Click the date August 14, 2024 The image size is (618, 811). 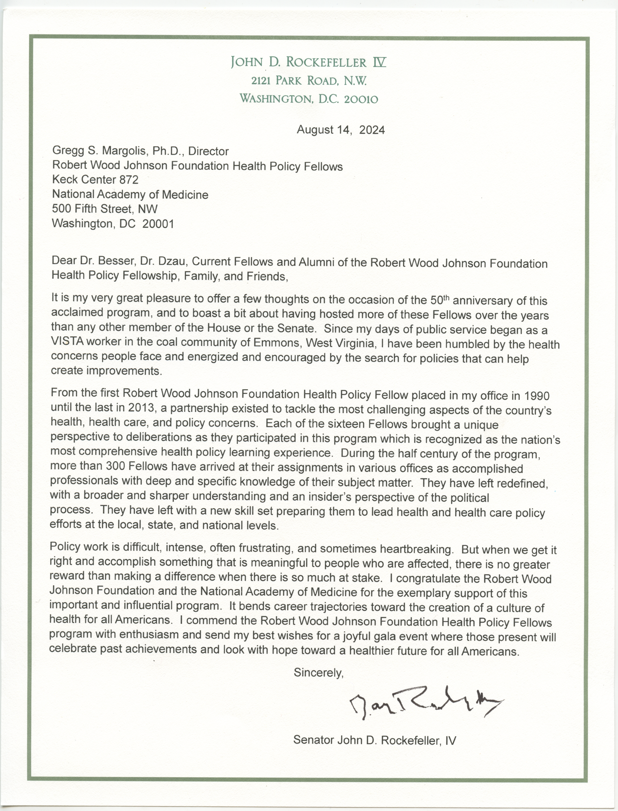point(341,130)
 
